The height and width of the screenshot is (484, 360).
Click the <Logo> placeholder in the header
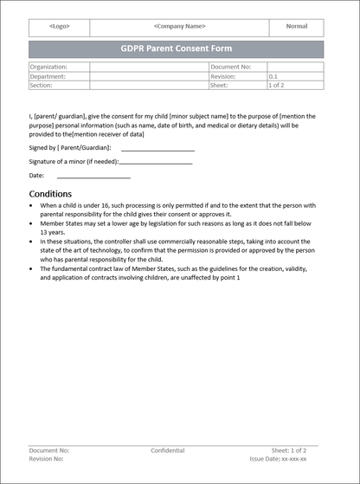click(60, 26)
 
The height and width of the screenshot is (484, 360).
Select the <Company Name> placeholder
click(180, 26)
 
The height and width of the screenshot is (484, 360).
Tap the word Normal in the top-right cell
click(297, 26)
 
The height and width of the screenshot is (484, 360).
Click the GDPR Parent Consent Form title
click(177, 48)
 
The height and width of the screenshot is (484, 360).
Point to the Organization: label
click(48, 67)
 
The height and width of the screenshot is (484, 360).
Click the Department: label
click(48, 76)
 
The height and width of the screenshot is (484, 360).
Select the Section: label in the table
click(42, 86)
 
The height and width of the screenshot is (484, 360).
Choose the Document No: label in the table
click(231, 67)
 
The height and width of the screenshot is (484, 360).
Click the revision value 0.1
click(274, 76)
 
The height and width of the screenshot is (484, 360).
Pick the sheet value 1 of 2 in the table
click(277, 86)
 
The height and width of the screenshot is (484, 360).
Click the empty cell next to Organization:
click(149, 67)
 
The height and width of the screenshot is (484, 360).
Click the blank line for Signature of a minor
click(156, 162)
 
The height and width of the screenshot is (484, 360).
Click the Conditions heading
click(50, 193)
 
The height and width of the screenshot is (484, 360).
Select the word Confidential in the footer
click(167, 451)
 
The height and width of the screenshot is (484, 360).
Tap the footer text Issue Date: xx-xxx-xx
click(278, 460)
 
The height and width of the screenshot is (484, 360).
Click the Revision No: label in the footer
click(46, 460)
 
